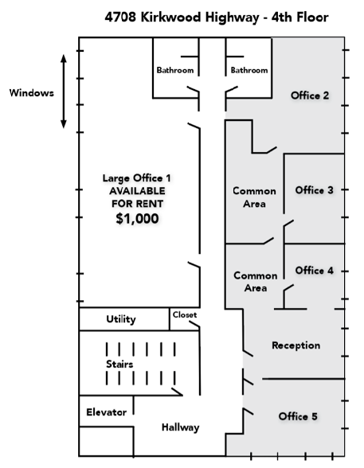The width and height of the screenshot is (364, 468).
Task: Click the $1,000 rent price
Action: pos(137,218)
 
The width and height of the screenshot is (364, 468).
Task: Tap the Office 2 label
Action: pos(310,96)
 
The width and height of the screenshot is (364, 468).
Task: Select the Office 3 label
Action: pos(314,190)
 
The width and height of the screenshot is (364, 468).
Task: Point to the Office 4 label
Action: pos(314,271)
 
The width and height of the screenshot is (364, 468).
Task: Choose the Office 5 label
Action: pos(298,416)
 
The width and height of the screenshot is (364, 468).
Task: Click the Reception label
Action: pos(296,345)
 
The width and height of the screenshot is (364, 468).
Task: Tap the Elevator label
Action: pos(106,412)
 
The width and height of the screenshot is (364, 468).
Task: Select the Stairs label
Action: pos(119,365)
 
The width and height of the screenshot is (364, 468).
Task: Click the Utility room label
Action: pos(121,319)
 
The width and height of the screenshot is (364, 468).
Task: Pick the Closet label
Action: pos(185,315)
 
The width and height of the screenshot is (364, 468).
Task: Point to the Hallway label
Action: pos(180,427)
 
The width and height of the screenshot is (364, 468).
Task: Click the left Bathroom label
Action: pos(175,70)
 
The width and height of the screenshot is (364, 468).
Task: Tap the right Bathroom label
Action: pos(249,70)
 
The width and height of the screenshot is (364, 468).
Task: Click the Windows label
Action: pos(32,93)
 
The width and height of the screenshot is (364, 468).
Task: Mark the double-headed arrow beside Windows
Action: pos(63,92)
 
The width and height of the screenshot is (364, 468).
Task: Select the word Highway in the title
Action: pos(232,18)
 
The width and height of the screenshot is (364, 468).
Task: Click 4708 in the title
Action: pos(120,17)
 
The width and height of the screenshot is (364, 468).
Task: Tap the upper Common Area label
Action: pos(254,197)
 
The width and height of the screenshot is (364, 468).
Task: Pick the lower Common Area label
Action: pos(256,282)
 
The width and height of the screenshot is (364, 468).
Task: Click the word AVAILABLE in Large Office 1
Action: pos(137,191)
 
